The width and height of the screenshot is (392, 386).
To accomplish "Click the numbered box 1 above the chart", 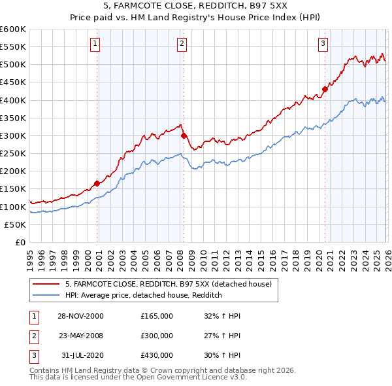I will [95, 44].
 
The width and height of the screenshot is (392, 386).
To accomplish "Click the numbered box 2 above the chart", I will [181, 44].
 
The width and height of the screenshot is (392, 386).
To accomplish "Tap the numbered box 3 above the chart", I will [323, 44].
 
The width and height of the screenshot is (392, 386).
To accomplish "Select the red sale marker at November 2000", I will [97, 184].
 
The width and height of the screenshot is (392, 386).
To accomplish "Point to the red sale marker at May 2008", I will [184, 135].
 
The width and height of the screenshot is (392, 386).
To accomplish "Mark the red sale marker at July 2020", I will [325, 90].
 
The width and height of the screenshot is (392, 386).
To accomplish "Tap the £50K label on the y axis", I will [15, 224].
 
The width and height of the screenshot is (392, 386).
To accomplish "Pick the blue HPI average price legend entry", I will [144, 296].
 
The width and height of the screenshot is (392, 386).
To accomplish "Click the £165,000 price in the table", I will [157, 316].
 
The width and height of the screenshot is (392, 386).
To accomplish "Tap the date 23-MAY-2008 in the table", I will [80, 336].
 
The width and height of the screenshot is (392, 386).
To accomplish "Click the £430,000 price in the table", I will [157, 355].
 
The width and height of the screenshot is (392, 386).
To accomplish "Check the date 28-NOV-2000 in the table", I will [80, 316].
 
